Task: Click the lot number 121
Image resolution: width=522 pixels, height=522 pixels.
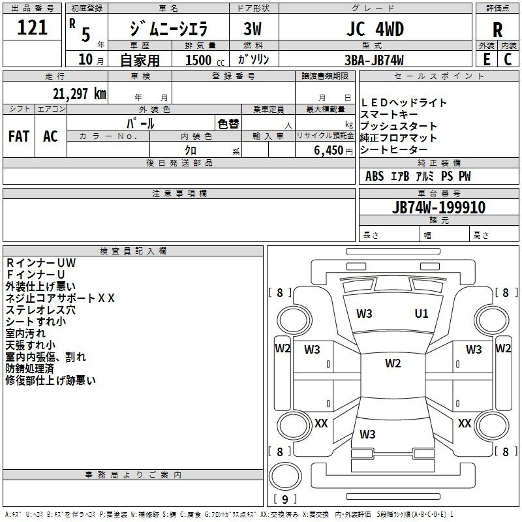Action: (x=32, y=27)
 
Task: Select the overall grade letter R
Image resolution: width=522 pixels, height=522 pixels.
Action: (x=497, y=30)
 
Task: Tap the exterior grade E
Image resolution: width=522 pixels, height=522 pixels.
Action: (x=486, y=59)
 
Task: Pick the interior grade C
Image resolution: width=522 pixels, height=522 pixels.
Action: (x=508, y=59)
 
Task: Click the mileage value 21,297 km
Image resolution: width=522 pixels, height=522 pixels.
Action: (x=80, y=94)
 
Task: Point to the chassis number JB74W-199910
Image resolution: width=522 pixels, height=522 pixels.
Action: (x=438, y=207)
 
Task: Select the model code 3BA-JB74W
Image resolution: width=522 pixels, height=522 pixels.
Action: (x=374, y=60)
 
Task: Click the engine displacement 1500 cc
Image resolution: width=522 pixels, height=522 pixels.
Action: (x=205, y=60)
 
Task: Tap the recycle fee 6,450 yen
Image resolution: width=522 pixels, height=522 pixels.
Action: (x=333, y=151)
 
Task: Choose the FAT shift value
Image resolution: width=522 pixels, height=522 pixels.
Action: (x=19, y=136)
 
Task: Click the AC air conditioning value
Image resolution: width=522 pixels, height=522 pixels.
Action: (x=50, y=136)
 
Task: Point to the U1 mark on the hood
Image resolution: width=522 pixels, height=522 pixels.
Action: (x=422, y=314)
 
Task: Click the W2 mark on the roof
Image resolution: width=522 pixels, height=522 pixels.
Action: (x=393, y=363)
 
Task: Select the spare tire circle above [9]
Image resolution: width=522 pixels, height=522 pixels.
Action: (x=285, y=476)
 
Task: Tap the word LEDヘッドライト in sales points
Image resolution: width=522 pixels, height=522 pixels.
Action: (x=403, y=103)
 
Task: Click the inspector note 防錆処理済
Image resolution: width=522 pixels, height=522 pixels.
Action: (x=29, y=369)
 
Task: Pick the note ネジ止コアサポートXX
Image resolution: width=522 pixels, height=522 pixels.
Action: (x=60, y=298)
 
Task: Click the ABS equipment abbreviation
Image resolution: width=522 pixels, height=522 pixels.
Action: (x=375, y=176)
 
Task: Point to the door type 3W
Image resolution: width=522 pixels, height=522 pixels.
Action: (x=253, y=29)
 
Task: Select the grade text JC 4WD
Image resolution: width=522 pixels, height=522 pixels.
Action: (x=375, y=29)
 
